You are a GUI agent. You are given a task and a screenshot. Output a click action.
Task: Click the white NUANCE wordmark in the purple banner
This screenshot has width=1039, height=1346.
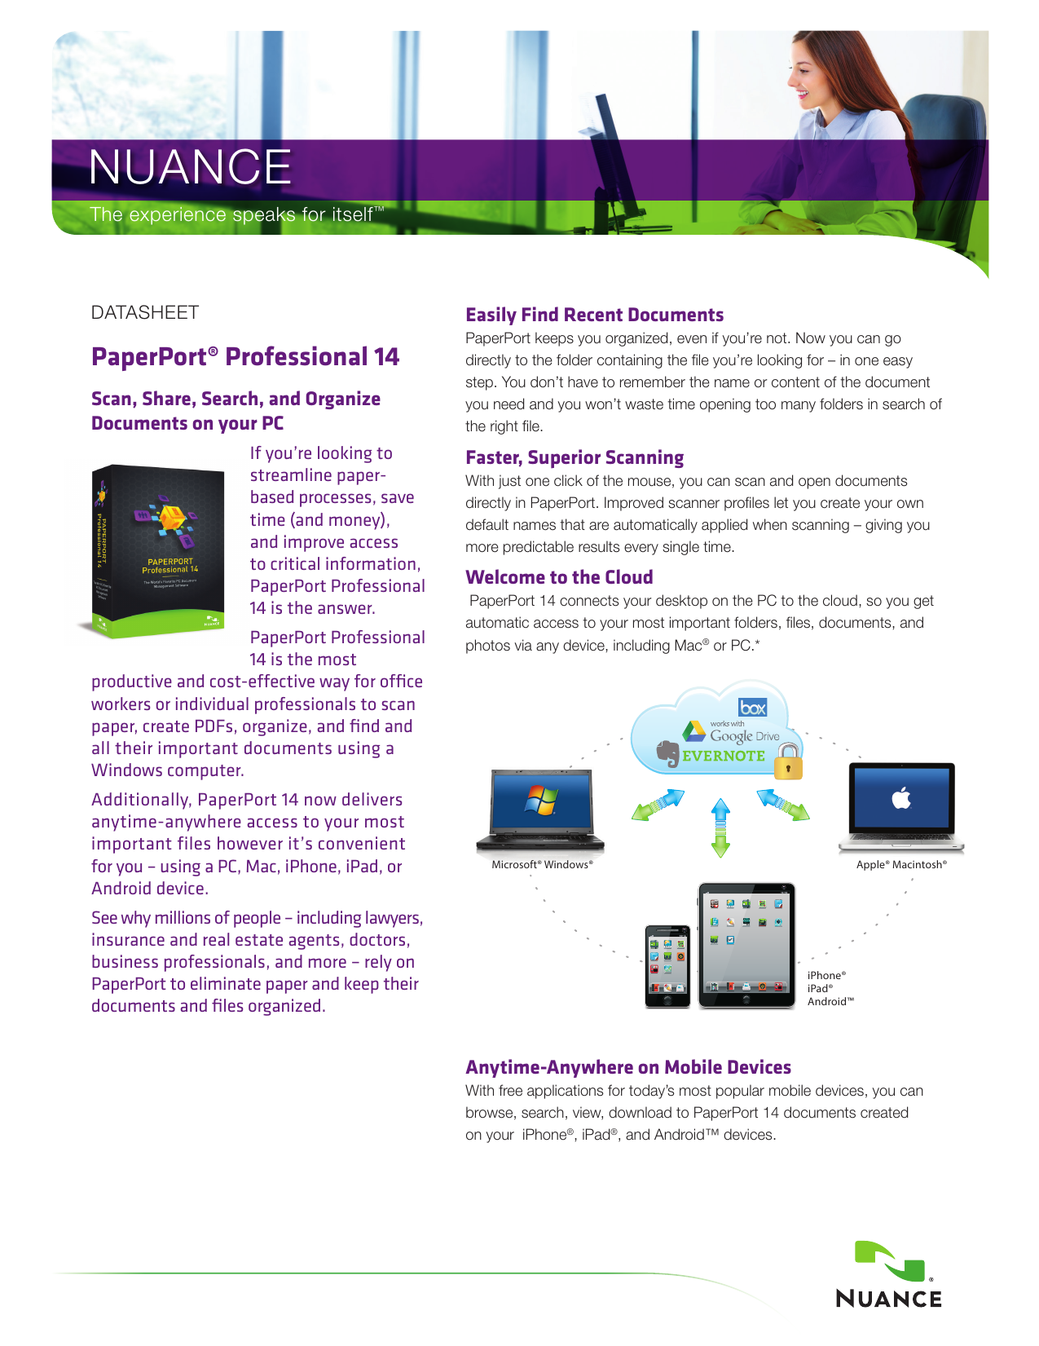tap(190, 167)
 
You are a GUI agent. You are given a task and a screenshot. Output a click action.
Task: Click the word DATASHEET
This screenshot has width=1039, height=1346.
tap(145, 312)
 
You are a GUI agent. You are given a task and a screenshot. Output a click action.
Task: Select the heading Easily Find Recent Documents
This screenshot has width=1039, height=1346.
tap(594, 316)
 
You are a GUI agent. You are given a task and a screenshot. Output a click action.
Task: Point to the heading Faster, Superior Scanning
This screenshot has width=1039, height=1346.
tap(575, 457)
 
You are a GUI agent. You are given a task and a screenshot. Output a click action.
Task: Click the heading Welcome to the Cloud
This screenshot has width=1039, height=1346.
tap(559, 577)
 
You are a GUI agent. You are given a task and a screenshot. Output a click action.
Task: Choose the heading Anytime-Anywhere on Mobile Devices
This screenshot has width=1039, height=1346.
tap(628, 1067)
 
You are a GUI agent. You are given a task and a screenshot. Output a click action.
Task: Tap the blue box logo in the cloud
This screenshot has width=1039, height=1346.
tap(752, 708)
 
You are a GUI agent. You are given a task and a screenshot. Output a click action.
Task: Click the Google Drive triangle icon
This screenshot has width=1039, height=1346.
tap(694, 731)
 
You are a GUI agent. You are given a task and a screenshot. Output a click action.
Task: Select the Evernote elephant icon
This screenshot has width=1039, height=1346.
tap(668, 754)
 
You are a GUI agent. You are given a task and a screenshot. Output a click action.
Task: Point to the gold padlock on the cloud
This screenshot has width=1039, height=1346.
tap(788, 763)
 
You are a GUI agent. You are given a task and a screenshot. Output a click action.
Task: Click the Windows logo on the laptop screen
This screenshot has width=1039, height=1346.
tap(541, 800)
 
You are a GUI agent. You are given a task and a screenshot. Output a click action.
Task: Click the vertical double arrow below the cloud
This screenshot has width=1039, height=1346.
tap(720, 827)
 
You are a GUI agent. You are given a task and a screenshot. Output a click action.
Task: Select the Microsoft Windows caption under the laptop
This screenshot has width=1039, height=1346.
tap(542, 864)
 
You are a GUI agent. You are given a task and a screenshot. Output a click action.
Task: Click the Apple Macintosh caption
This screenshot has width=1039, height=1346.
tap(901, 864)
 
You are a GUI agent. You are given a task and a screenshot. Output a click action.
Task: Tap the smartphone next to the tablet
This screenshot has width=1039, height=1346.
tap(667, 966)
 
